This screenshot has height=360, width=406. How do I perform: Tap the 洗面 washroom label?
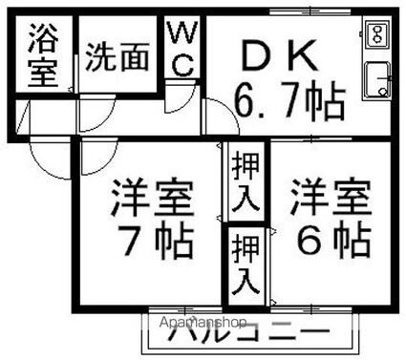(x=118, y=58)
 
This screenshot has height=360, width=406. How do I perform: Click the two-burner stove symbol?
(x=375, y=35)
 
